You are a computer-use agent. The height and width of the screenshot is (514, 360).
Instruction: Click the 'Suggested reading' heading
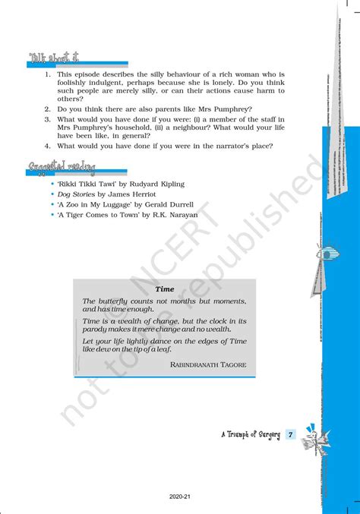[x=62, y=166]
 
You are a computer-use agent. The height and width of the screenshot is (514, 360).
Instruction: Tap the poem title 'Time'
[x=165, y=289]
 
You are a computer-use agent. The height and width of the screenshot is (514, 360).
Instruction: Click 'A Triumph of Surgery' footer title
[x=250, y=435]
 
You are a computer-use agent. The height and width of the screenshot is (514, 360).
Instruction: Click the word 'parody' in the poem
[x=96, y=331]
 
